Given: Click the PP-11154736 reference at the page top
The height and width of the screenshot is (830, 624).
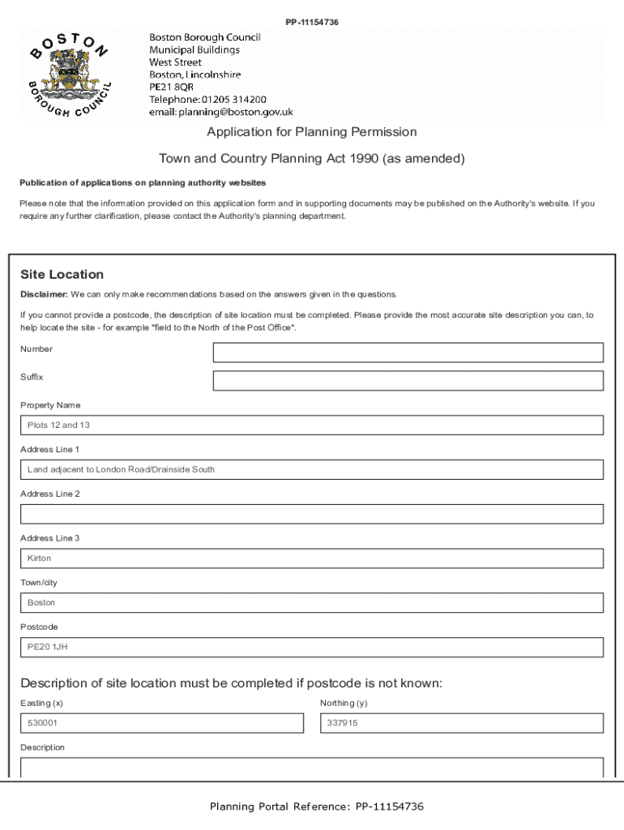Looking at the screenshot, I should tap(312, 22).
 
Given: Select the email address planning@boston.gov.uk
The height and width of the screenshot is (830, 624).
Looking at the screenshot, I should tap(220, 112).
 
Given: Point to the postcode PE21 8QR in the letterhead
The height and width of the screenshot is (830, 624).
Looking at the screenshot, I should tap(171, 87).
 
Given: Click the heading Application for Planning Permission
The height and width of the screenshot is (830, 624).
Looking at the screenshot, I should tap(311, 132).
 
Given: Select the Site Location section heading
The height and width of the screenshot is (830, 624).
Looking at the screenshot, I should tap(62, 275).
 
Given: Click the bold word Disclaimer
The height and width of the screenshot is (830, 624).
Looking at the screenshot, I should tap(44, 294).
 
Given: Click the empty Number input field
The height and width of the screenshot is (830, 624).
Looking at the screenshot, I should tap(408, 353).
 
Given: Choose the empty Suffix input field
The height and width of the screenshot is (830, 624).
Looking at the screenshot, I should tap(408, 381).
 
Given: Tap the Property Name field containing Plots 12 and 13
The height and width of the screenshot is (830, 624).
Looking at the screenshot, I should tap(312, 426).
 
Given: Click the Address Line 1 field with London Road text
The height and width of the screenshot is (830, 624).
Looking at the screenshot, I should tap(312, 470).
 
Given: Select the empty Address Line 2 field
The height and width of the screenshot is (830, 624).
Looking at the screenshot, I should tap(312, 514).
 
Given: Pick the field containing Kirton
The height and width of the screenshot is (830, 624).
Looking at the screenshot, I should tap(312, 558).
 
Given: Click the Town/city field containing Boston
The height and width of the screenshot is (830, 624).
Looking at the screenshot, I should tap(312, 603).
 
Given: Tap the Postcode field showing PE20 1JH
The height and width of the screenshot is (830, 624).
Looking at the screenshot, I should tap(312, 648).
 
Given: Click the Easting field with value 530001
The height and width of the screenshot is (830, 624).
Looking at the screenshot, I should tap(162, 723).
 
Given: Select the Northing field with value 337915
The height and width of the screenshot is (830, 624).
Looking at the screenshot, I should tap(462, 723).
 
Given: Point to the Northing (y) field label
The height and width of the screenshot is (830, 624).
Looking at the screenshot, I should tap(344, 704).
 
